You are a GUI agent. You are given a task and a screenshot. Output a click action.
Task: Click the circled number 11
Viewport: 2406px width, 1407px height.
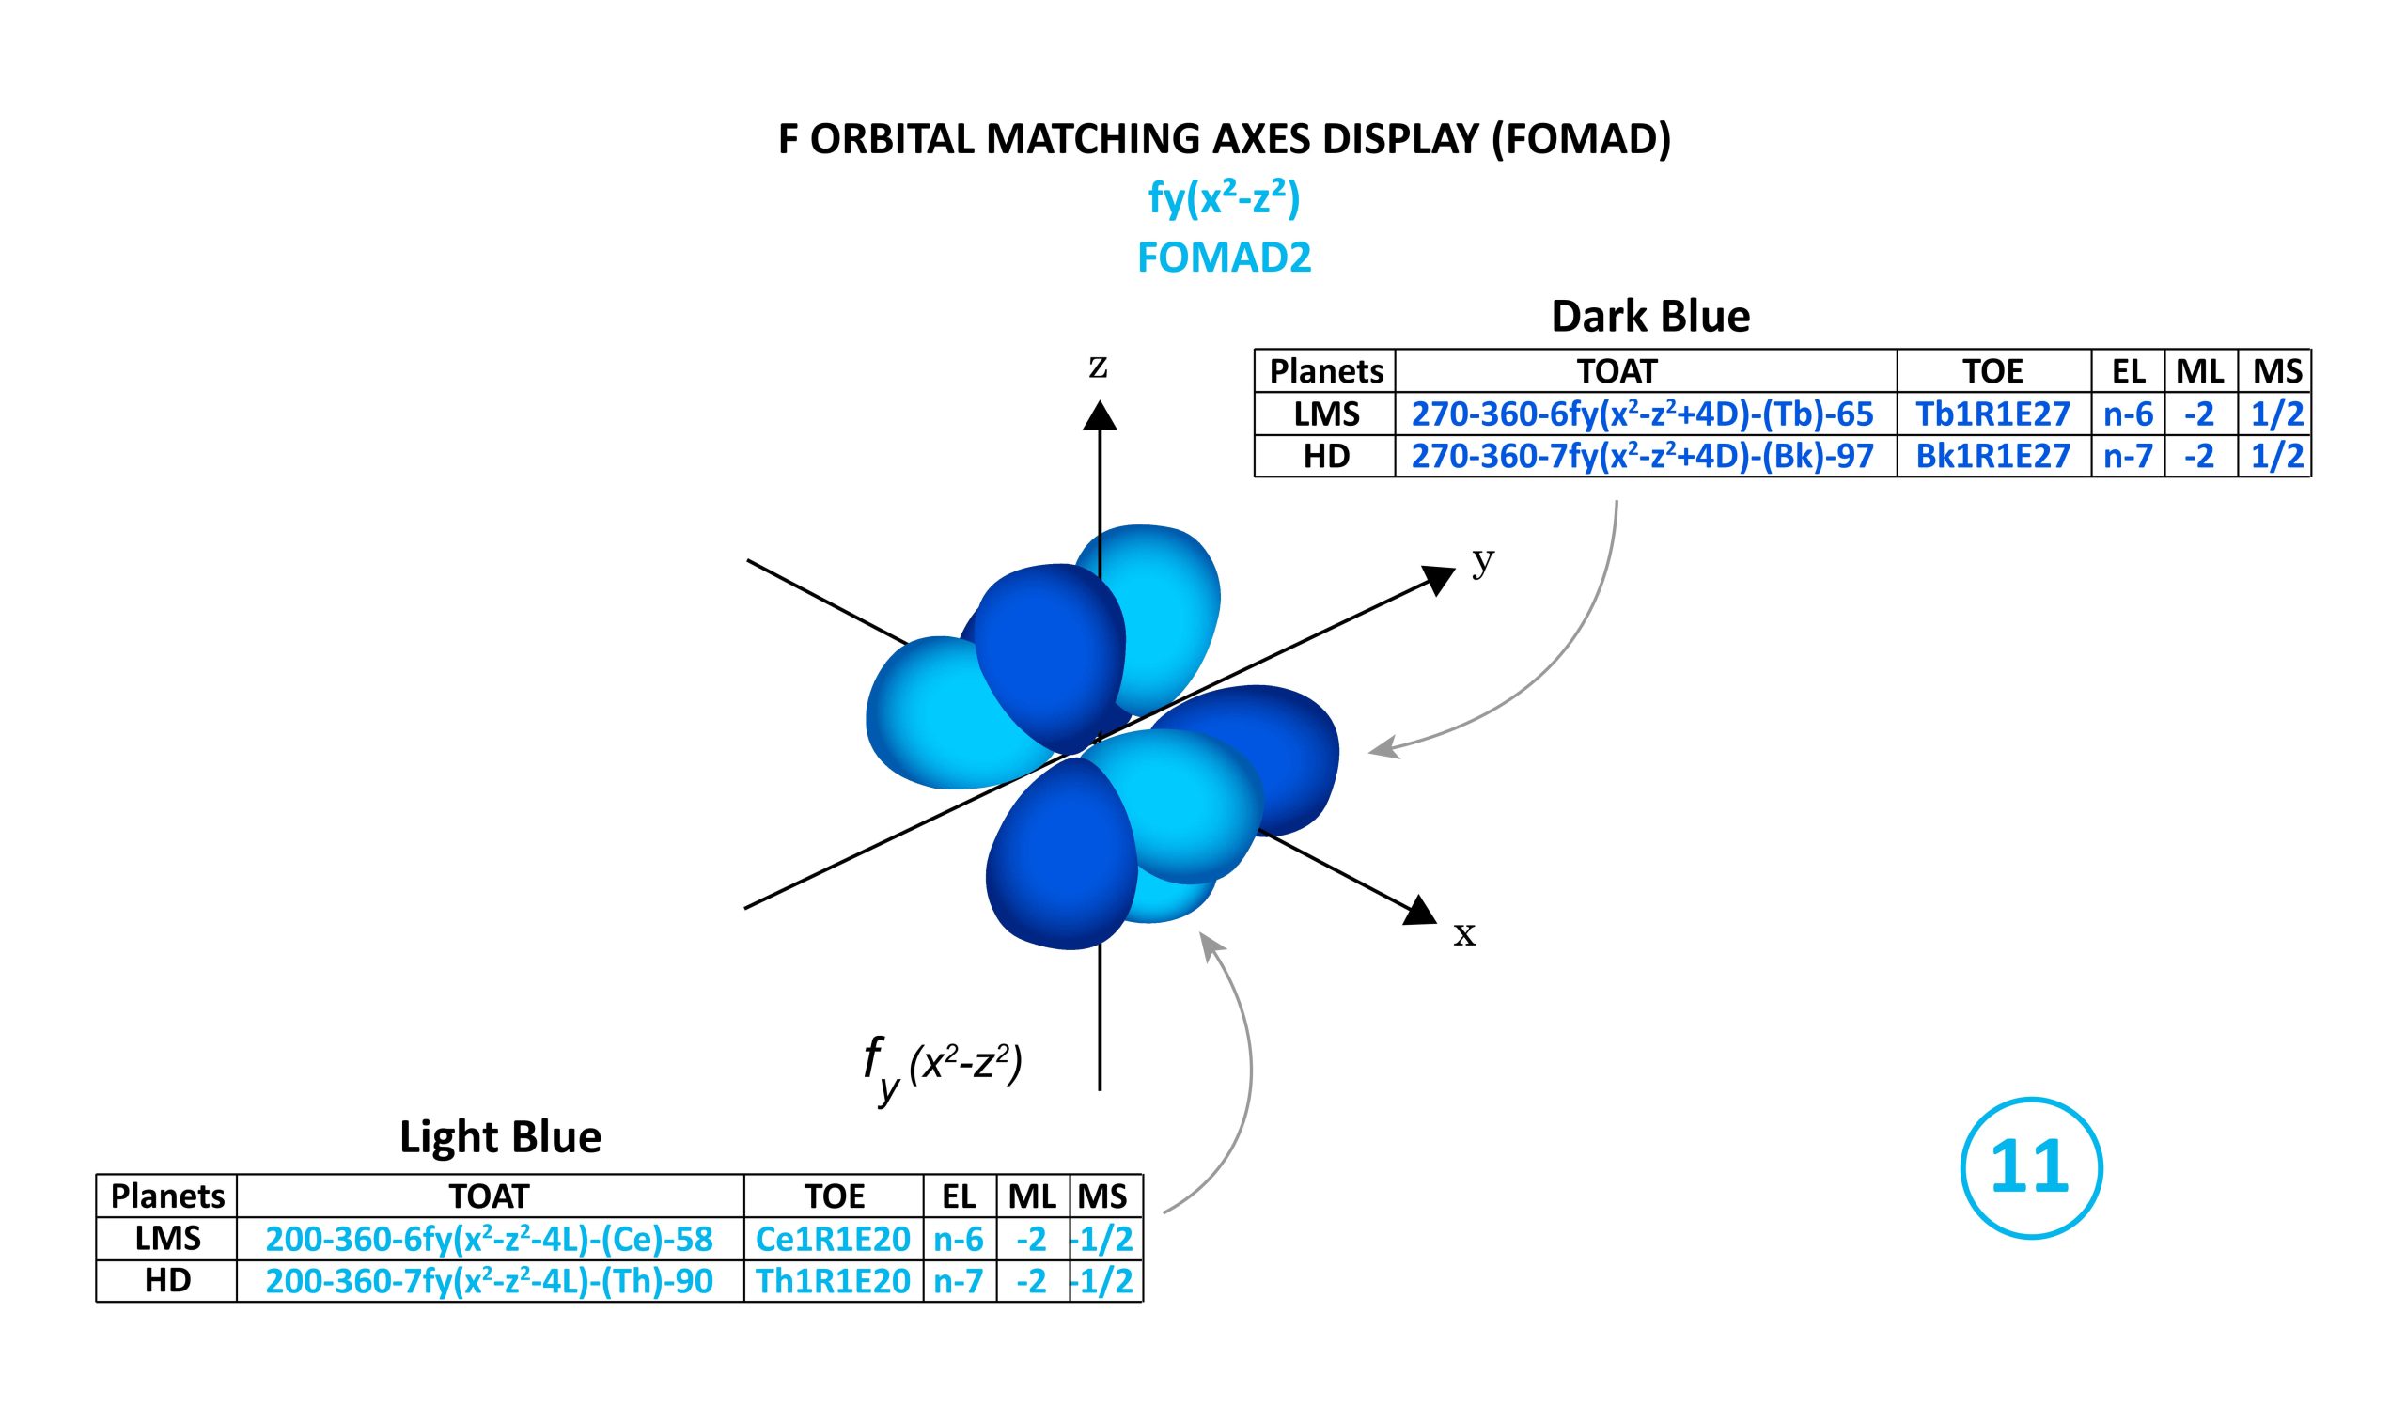[x=2031, y=1167]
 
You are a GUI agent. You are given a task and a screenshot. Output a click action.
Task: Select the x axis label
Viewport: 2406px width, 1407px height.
[x=1463, y=933]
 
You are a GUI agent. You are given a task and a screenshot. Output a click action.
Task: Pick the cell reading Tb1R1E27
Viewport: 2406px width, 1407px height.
[x=1992, y=414]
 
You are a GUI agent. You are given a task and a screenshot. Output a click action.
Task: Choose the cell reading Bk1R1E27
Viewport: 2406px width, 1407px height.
[x=1992, y=455]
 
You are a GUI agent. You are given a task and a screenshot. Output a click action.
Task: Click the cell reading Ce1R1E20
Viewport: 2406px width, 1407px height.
[x=833, y=1238]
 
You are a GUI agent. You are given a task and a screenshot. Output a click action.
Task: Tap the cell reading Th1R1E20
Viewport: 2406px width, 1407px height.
[x=833, y=1280]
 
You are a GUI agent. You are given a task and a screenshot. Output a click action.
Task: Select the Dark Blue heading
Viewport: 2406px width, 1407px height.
[x=1649, y=316]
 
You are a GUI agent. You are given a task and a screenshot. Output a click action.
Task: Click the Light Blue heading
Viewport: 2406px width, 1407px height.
[x=500, y=1137]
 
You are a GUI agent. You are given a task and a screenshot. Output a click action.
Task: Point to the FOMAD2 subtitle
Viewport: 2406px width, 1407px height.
[x=1224, y=257]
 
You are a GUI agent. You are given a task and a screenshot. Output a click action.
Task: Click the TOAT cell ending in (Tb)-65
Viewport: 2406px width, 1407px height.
[x=1643, y=414]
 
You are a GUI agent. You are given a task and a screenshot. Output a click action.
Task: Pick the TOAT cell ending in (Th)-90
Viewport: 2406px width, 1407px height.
[x=489, y=1280]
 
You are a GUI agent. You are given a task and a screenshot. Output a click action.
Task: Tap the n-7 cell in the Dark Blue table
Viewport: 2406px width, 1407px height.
[x=2127, y=455]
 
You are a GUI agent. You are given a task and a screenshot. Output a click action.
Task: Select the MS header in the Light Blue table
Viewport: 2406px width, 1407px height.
[x=1102, y=1196]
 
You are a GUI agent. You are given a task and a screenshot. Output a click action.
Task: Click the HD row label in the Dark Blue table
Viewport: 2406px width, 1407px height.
[x=1326, y=455]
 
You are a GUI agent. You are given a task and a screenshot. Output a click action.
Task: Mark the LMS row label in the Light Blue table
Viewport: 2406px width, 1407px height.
[x=167, y=1238]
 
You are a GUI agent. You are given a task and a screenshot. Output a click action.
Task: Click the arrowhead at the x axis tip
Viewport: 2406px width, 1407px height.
[x=1422, y=911]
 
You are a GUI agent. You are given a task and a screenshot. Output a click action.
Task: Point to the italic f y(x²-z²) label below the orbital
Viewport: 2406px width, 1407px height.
[x=942, y=1069]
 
